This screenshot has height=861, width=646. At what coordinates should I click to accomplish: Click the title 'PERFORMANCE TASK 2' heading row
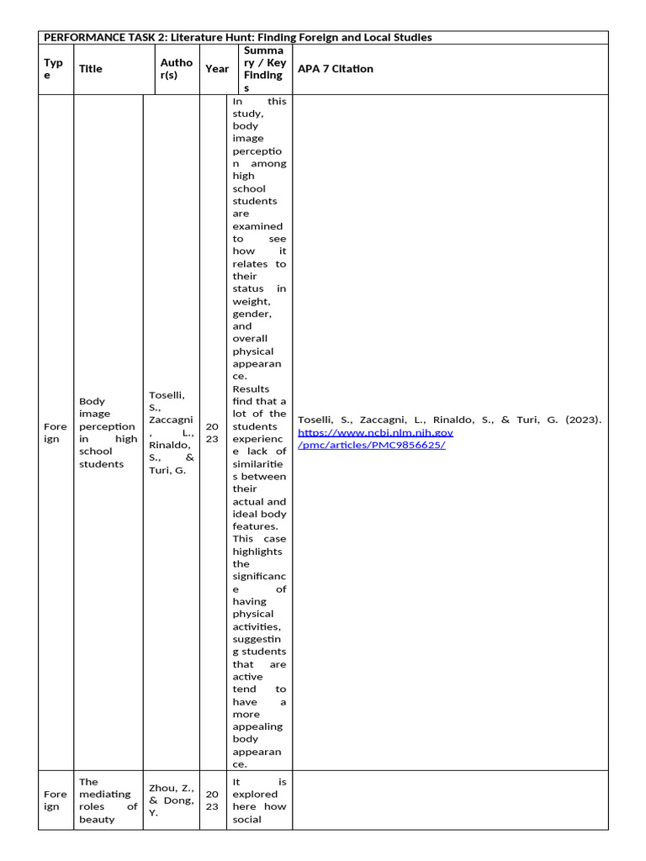click(x=237, y=38)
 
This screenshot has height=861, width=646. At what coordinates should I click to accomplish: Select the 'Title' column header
click(x=91, y=69)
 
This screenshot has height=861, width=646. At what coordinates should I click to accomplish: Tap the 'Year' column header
click(x=217, y=69)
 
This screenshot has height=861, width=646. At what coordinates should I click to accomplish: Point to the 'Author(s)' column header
click(x=176, y=69)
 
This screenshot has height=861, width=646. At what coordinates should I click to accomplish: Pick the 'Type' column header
click(x=53, y=69)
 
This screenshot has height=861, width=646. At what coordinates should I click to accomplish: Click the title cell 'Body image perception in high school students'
click(x=107, y=433)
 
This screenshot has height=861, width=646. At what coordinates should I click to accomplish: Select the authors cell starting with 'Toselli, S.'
click(x=171, y=433)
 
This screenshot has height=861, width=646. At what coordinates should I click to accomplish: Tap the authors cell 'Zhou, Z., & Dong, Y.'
click(x=171, y=800)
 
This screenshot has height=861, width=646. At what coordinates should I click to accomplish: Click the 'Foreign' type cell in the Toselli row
click(x=55, y=433)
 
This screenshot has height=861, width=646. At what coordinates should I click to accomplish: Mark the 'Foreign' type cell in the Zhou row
click(x=55, y=800)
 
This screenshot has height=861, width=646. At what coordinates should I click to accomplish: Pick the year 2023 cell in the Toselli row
click(x=212, y=433)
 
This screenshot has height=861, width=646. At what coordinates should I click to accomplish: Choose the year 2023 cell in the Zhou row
click(x=212, y=800)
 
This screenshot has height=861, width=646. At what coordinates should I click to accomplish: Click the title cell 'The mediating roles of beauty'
click(x=107, y=800)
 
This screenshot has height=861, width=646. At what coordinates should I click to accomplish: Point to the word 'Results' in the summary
click(x=251, y=389)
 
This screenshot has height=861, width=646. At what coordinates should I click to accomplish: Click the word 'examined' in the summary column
click(x=257, y=226)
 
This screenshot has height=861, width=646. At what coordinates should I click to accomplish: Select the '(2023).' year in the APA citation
click(x=585, y=420)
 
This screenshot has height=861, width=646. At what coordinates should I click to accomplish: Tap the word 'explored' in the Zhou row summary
click(x=255, y=794)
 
